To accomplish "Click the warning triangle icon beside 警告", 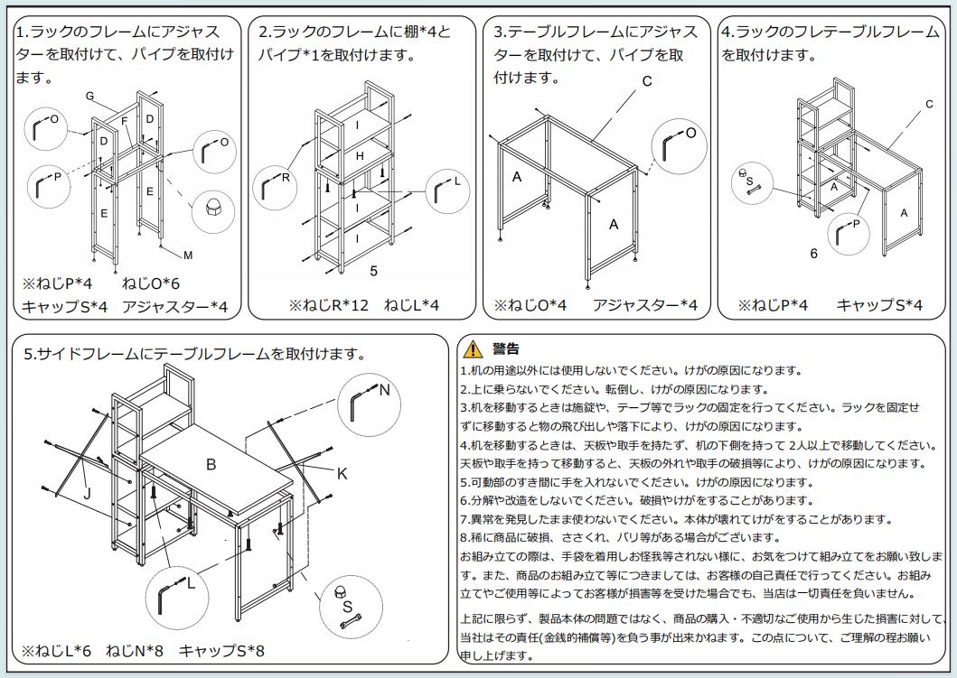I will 472,350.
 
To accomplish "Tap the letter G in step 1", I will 89,96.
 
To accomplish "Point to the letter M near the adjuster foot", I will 188,255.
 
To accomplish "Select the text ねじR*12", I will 329,305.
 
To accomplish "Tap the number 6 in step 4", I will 813,254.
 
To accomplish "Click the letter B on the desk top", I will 211,464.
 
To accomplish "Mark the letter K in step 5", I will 342,473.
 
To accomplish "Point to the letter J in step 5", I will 88,493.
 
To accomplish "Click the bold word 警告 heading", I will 505,349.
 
